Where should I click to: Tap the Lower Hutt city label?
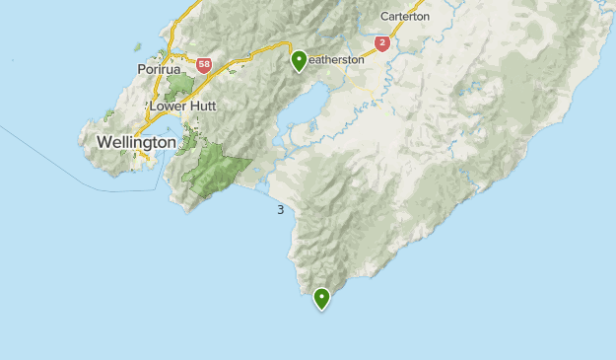click(x=182, y=106)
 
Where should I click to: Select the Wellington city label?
click(x=136, y=143)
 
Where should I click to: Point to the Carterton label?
click(x=405, y=17)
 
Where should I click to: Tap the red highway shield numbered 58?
click(x=204, y=65)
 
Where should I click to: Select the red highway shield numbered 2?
click(x=381, y=43)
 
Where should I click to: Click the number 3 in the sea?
click(x=281, y=210)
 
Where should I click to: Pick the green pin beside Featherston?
click(x=299, y=60)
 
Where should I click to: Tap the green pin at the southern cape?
click(x=321, y=297)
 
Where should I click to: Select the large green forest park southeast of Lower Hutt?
click(x=215, y=168)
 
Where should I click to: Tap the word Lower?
click(x=168, y=106)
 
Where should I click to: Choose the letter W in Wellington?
click(x=103, y=143)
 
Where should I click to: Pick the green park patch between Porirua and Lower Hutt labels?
click(x=179, y=87)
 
